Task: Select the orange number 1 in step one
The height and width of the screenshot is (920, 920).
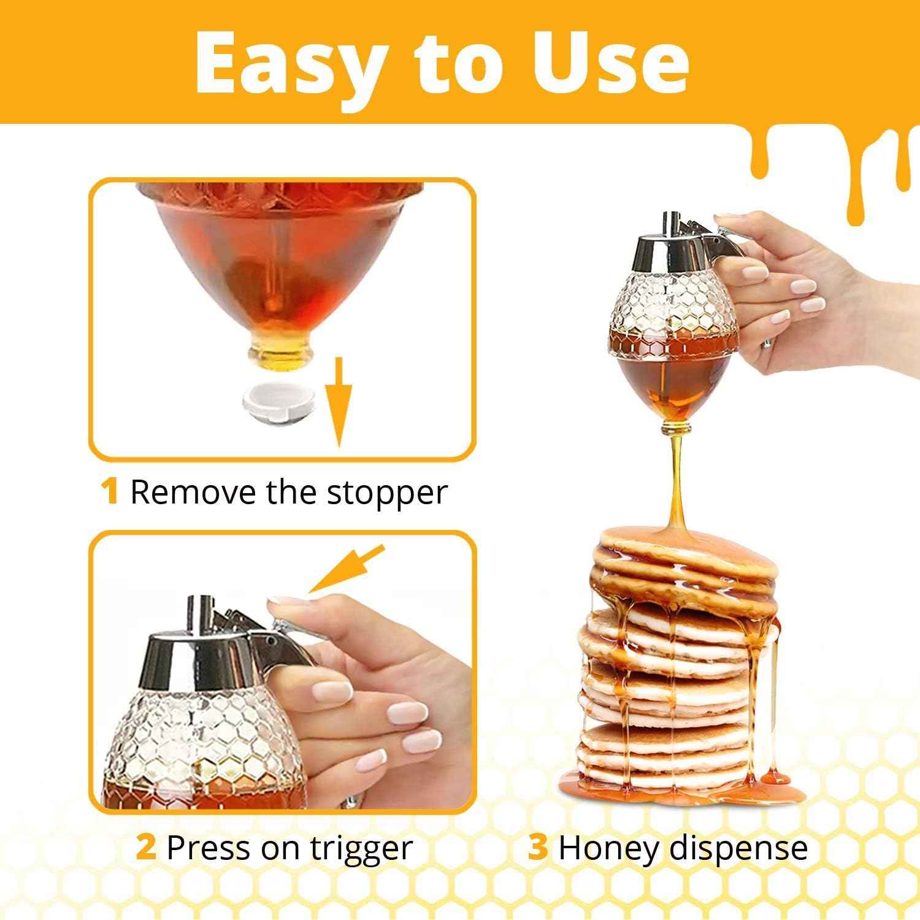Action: point(110,492)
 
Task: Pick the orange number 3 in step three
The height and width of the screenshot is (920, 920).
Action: point(537,848)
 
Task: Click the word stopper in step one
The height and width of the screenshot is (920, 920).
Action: point(386,493)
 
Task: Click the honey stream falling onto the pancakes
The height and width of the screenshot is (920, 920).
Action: point(676,478)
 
